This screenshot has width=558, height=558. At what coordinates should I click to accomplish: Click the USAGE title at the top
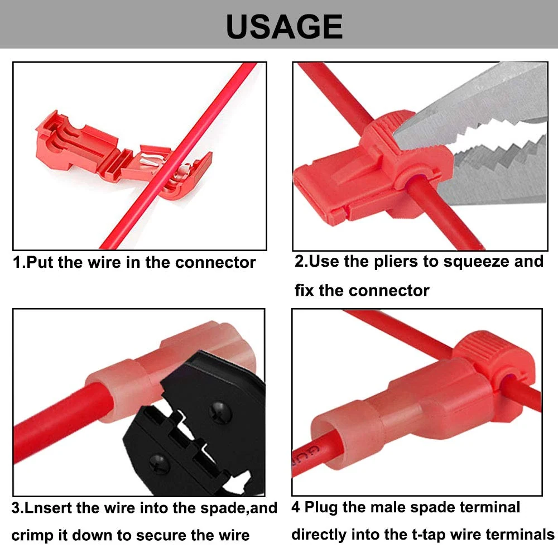(x=285, y=27)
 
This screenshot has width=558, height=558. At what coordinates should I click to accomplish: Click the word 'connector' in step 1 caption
(x=215, y=263)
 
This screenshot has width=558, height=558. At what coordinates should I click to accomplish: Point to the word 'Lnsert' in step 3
(x=48, y=508)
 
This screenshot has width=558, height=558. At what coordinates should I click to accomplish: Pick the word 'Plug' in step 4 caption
(x=321, y=508)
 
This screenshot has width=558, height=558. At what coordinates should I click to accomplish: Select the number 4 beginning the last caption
(x=295, y=507)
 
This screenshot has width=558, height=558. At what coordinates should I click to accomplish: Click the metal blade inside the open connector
(x=152, y=160)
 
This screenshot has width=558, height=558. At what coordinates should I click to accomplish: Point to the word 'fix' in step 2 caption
(x=304, y=290)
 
